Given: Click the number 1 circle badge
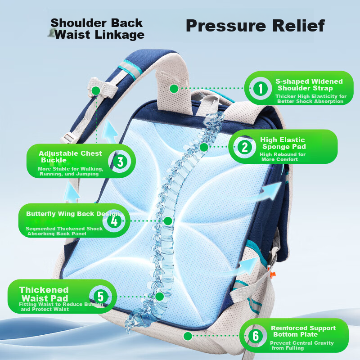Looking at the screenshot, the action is pyautogui.click(x=261, y=88).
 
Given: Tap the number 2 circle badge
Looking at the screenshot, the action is pyautogui.click(x=245, y=147).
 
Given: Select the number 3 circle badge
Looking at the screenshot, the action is pyautogui.click(x=120, y=162).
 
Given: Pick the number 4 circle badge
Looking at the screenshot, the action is pyautogui.click(x=114, y=221).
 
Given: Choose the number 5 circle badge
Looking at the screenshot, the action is pyautogui.click(x=100, y=297).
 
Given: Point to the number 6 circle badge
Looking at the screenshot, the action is pyautogui.click(x=256, y=336).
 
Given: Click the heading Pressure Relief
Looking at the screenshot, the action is pyautogui.click(x=255, y=26).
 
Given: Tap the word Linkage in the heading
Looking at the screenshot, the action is pyautogui.click(x=119, y=35).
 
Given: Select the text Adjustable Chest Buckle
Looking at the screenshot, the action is pyautogui.click(x=70, y=157).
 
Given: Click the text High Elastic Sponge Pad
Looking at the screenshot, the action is pyautogui.click(x=283, y=143).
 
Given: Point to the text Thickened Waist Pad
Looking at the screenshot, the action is pyautogui.click(x=44, y=294).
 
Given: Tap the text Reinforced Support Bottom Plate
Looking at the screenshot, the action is pyautogui.click(x=303, y=331).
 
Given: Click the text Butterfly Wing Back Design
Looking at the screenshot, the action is pyautogui.click(x=73, y=214).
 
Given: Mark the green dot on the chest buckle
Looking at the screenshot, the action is pyautogui.click(x=96, y=91).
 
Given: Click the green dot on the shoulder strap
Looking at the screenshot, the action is pyautogui.click(x=174, y=89).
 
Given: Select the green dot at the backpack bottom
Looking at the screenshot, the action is pyautogui.click(x=188, y=336).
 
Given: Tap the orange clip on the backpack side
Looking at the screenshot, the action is pyautogui.click(x=273, y=274).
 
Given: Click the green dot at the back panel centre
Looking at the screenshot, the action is pyautogui.click(x=168, y=221).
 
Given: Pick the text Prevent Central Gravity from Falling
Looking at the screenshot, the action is pyautogui.click(x=301, y=345).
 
